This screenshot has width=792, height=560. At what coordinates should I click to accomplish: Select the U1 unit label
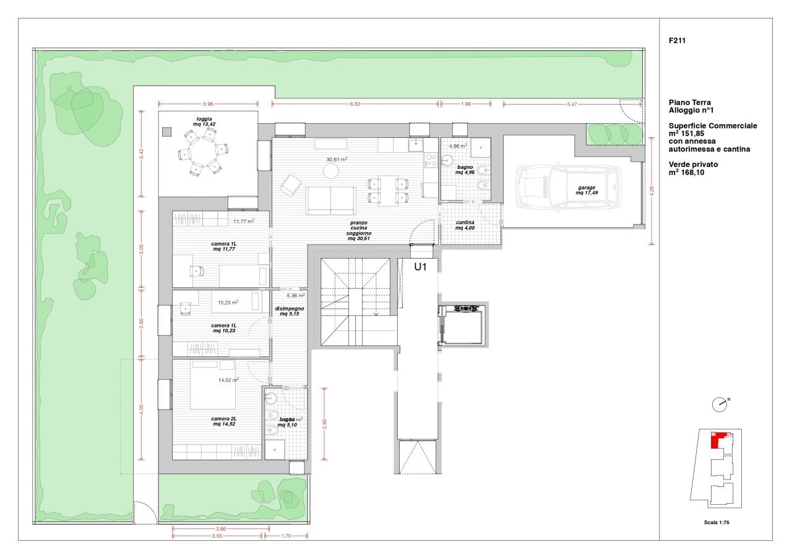pyautogui.click(x=421, y=267)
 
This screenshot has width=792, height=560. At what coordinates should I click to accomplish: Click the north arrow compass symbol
pyautogui.click(x=720, y=405)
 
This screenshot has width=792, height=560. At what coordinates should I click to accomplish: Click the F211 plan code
pyautogui.click(x=678, y=41)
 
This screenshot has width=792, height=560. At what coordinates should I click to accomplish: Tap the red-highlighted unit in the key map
pyautogui.click(x=716, y=441)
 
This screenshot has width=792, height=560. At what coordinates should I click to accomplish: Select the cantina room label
pyautogui.click(x=465, y=225)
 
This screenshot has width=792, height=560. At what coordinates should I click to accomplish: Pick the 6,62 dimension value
pyautogui.click(x=355, y=104)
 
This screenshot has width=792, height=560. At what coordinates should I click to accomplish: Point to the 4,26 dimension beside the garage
pyautogui.click(x=652, y=191)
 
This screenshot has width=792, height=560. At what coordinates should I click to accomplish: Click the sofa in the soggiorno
pyautogui.click(x=330, y=200)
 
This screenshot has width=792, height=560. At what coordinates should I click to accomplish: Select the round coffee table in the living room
pyautogui.click(x=332, y=170)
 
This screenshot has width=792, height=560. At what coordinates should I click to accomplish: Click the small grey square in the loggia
pyautogui.click(x=166, y=131)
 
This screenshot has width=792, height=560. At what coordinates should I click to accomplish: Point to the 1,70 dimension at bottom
pyautogui.click(x=285, y=536)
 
